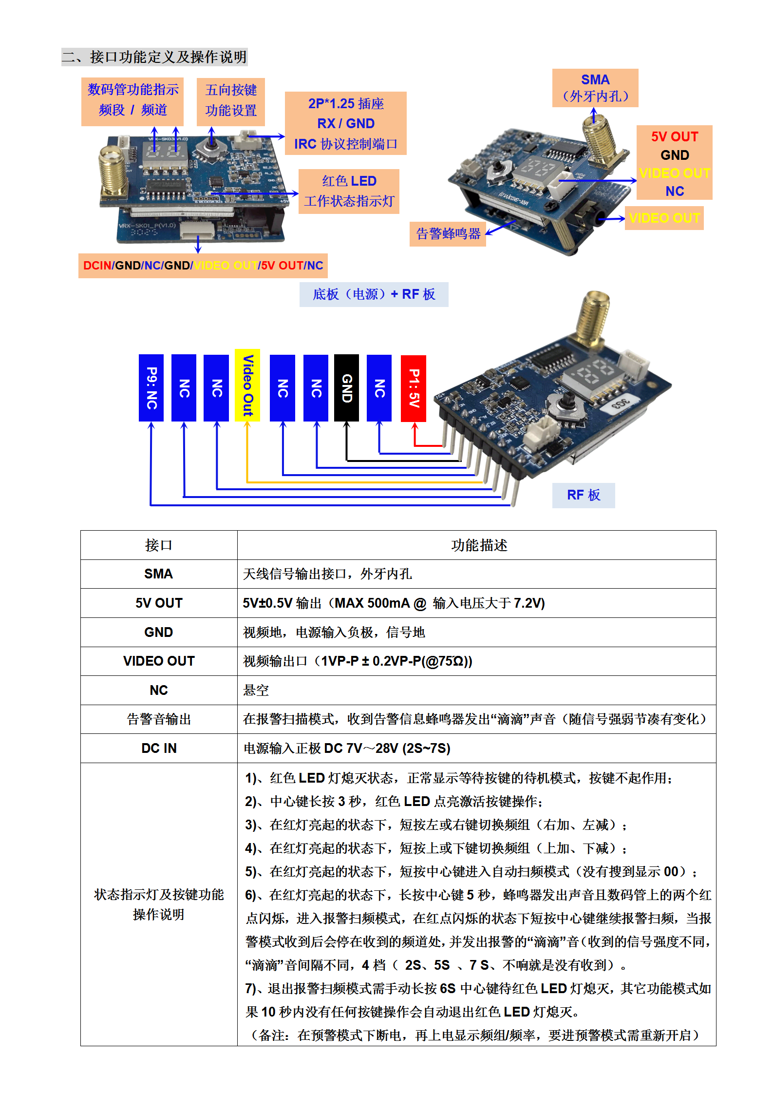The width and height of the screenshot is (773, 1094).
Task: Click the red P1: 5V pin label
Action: pyautogui.click(x=413, y=388)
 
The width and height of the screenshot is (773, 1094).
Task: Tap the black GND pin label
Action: pyautogui.click(x=346, y=388)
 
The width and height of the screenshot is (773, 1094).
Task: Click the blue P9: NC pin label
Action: pyautogui.click(x=151, y=388)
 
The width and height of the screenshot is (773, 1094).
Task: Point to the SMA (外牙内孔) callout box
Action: pyautogui.click(x=595, y=88)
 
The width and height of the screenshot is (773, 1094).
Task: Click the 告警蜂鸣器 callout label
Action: pyautogui.click(x=448, y=234)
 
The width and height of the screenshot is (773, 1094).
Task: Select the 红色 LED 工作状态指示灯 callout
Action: pyautogui.click(x=349, y=191)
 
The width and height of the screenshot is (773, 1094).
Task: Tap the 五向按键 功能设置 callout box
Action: pyautogui.click(x=231, y=100)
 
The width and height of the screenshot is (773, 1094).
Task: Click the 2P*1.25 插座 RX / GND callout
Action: pyautogui.click(x=345, y=123)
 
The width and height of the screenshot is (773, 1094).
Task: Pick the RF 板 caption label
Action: pyautogui.click(x=583, y=495)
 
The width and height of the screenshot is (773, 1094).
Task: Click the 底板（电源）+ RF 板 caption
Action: pyautogui.click(x=374, y=294)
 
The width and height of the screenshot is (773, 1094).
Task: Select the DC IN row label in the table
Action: pyautogui.click(x=159, y=748)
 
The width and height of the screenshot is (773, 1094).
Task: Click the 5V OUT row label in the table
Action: pyautogui.click(x=159, y=603)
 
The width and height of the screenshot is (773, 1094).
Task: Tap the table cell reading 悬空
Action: pyautogui.click(x=256, y=690)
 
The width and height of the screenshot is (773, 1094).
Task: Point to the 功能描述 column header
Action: pyautogui.click(x=479, y=545)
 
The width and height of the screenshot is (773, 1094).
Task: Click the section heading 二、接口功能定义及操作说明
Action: pyautogui.click(x=154, y=57)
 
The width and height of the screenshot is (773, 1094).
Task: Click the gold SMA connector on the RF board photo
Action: pyautogui.click(x=593, y=317)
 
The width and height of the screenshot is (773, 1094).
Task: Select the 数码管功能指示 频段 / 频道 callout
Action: pyautogui.click(x=132, y=100)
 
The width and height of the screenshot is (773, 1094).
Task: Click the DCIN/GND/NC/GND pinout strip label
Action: pyautogui.click(x=203, y=266)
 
